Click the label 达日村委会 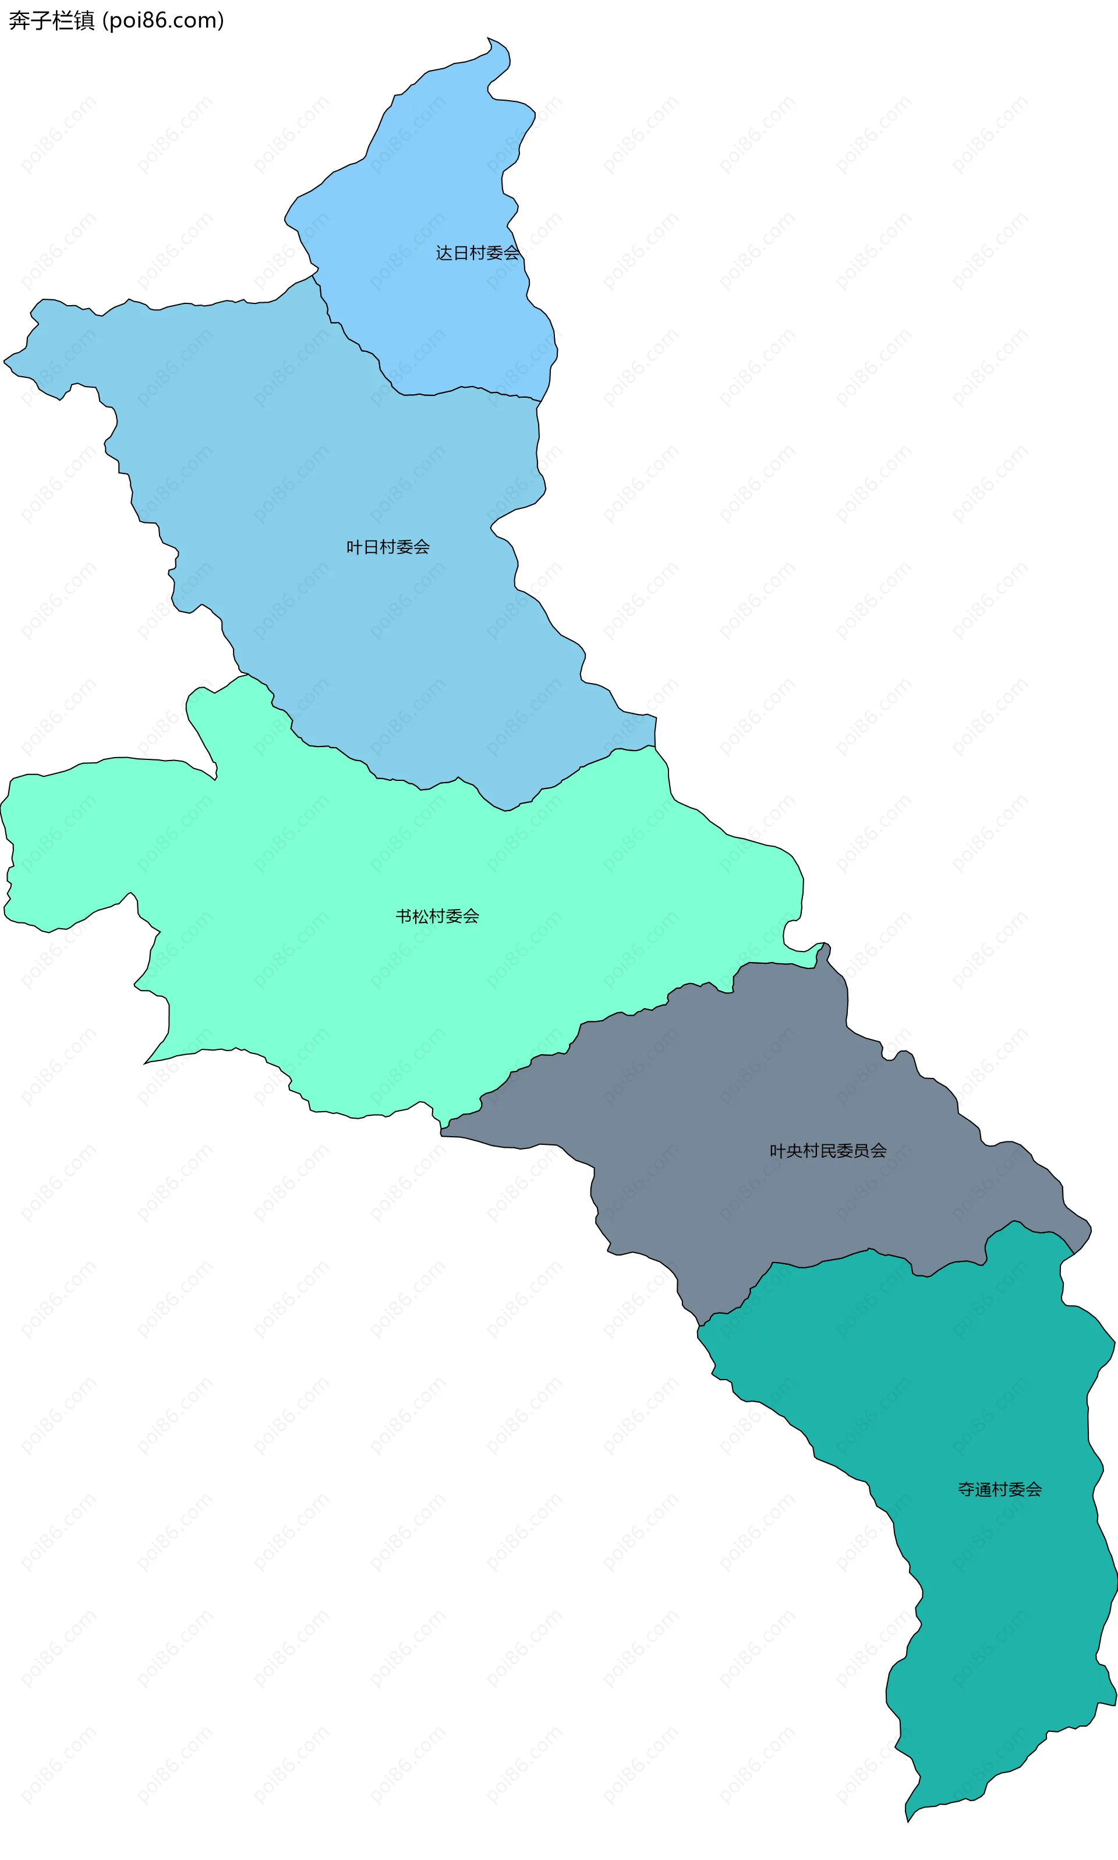click(x=477, y=253)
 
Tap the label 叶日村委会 click(x=388, y=547)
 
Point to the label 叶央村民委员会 click(x=828, y=1150)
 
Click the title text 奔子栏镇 click(x=51, y=20)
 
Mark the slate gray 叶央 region click(x=753, y=1092)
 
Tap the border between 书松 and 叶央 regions click(x=603, y=1019)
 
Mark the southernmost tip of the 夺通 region click(x=908, y=1822)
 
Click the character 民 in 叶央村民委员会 click(x=828, y=1150)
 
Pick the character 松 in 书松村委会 click(x=420, y=916)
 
